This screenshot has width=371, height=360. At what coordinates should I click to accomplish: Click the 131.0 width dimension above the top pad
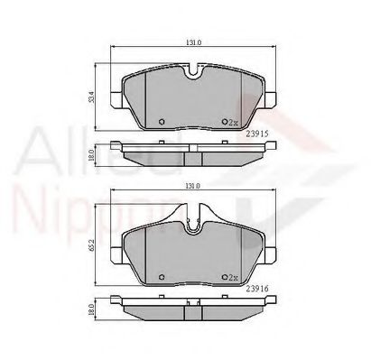click(192, 42)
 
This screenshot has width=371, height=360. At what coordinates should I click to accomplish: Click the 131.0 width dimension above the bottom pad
click(192, 187)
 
